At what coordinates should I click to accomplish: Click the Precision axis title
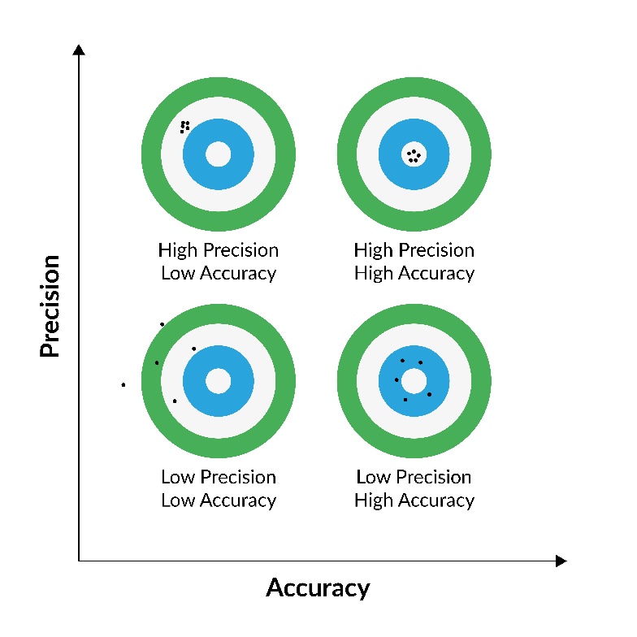tap(50, 305)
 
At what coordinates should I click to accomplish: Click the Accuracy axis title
tap(318, 587)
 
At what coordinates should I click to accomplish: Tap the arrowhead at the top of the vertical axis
tap(79, 50)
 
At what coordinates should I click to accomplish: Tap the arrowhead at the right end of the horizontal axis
tap(560, 561)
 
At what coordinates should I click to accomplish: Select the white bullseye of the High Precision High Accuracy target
tap(414, 154)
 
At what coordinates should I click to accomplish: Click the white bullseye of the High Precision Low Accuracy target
tap(218, 154)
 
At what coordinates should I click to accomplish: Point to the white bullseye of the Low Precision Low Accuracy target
tap(218, 380)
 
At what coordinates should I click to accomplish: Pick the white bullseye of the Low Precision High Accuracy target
tap(414, 380)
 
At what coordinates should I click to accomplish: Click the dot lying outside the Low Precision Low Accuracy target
tap(123, 384)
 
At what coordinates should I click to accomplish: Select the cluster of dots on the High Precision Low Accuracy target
tap(185, 126)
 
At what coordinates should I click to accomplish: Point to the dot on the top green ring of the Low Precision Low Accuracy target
tap(162, 324)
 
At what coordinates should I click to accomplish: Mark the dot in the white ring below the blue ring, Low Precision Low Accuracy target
tap(175, 401)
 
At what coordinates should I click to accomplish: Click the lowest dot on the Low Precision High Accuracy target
tap(405, 400)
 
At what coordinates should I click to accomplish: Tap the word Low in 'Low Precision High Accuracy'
tap(373, 477)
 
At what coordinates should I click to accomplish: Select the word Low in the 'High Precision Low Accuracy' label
tap(176, 274)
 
